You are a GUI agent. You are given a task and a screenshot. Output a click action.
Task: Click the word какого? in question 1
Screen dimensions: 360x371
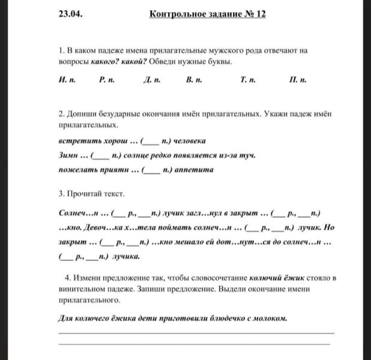111,62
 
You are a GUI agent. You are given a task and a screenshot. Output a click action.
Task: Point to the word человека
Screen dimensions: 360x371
189,142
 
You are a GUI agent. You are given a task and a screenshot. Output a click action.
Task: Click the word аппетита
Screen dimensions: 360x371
193,170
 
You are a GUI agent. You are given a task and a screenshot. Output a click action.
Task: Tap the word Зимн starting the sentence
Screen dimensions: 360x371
69,156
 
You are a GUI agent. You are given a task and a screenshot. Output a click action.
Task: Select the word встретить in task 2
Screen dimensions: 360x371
78,142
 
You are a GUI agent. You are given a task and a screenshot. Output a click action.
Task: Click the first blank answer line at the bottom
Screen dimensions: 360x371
195,332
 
